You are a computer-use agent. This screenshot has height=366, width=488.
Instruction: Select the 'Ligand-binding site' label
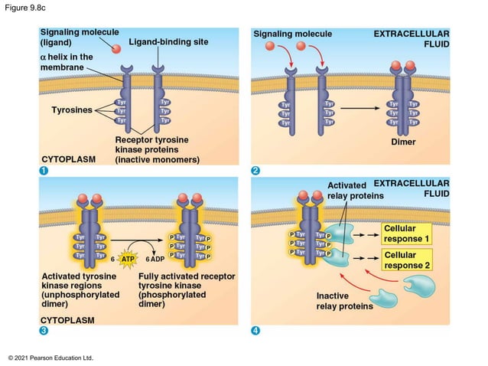pyautogui.click(x=168, y=41)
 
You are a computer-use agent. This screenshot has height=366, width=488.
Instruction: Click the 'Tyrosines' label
pyautogui.click(x=71, y=110)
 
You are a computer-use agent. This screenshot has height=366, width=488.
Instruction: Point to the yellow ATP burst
pyautogui.click(x=129, y=260)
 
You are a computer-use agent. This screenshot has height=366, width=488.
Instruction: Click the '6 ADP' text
pyautogui.click(x=155, y=260)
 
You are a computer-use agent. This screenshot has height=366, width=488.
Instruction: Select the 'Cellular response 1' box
pyautogui.click(x=407, y=234)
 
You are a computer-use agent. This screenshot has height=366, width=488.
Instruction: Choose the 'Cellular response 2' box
pyautogui.click(x=407, y=260)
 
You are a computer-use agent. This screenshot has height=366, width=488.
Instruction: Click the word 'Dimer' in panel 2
pyautogui.click(x=402, y=142)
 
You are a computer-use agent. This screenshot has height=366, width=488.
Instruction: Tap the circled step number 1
pyautogui.click(x=44, y=170)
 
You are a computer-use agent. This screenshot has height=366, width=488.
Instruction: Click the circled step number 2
pyautogui.click(x=256, y=170)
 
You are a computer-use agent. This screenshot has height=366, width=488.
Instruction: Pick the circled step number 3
pyautogui.click(x=44, y=331)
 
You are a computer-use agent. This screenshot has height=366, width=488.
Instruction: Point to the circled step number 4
pyautogui.click(x=256, y=331)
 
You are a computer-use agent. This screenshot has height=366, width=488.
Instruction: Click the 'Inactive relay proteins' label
pyautogui.click(x=344, y=301)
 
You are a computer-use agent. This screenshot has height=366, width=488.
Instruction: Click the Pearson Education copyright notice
pyautogui.click(x=50, y=358)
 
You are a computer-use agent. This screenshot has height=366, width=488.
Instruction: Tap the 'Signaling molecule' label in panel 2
pyautogui.click(x=292, y=34)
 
